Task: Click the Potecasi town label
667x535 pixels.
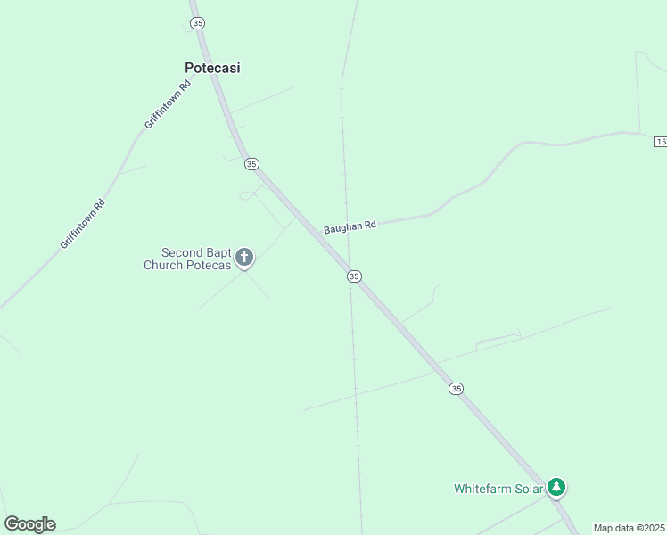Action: [x=212, y=68]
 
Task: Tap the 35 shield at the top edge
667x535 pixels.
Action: [x=197, y=22]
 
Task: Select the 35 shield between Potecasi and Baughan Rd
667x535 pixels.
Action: [x=251, y=163]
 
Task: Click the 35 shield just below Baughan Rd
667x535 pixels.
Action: [x=354, y=276]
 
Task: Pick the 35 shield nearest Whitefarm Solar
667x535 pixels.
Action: [x=457, y=388]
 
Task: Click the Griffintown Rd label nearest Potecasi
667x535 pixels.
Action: [x=168, y=105]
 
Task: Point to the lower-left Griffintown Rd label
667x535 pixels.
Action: [x=83, y=224]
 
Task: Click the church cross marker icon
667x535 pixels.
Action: [x=244, y=259]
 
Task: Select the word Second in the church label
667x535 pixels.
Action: [x=182, y=253]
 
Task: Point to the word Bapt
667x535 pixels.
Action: [x=219, y=253]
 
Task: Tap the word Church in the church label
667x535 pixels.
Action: [x=163, y=265]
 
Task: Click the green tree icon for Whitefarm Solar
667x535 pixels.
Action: [x=557, y=487]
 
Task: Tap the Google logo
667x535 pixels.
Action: [x=29, y=524]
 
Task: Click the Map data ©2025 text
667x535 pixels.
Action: [x=629, y=528]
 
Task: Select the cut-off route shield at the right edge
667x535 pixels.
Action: [x=661, y=142]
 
